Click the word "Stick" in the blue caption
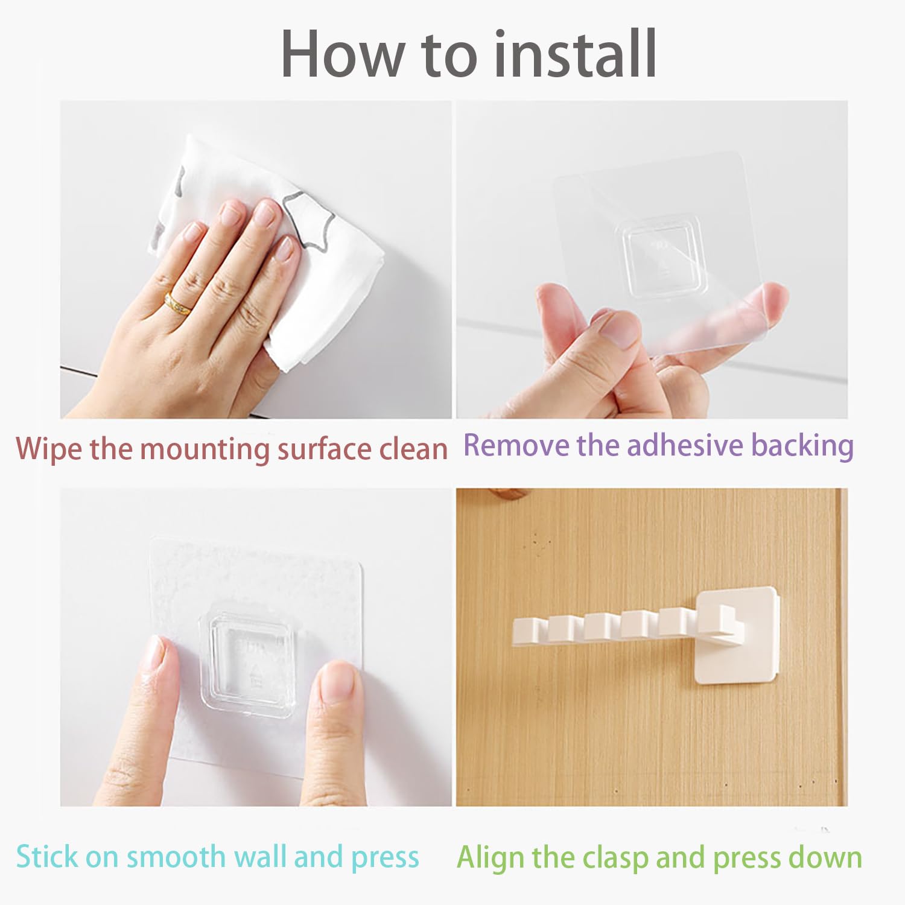[48, 857]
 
